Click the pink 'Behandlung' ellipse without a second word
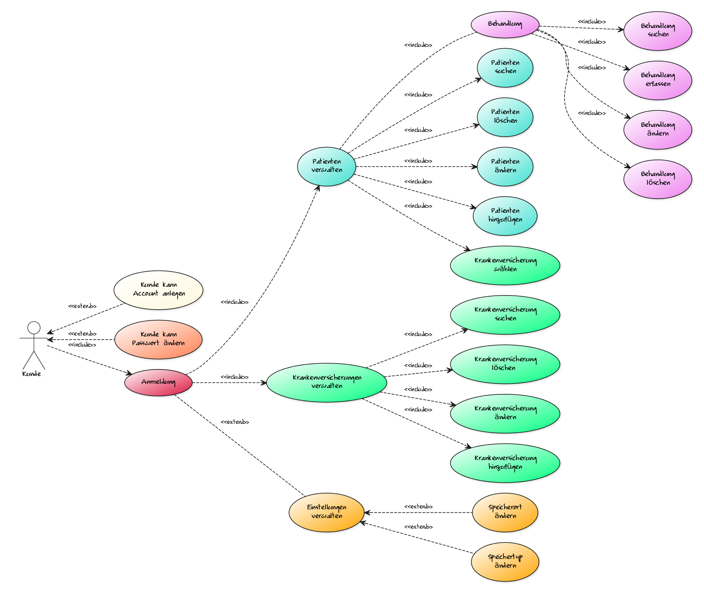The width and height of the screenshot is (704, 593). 505,24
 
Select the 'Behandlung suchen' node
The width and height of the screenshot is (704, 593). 658,31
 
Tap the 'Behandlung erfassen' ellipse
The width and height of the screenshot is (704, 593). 658,80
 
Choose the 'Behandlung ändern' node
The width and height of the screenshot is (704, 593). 658,130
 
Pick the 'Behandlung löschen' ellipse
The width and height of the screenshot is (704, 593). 658,179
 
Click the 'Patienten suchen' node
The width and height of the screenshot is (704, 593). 505,68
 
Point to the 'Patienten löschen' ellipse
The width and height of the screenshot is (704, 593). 505,117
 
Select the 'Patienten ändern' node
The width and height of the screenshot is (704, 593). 505,166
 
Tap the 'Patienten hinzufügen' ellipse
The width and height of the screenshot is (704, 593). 505,216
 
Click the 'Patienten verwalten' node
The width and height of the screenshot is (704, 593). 327,166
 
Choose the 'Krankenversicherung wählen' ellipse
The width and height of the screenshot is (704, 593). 505,265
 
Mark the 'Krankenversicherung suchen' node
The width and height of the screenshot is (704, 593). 505,315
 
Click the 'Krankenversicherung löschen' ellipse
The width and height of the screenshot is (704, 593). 505,364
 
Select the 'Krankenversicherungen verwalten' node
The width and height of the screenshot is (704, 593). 327,382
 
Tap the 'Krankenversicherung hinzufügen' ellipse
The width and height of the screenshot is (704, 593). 505,463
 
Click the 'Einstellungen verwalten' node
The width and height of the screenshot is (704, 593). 327,513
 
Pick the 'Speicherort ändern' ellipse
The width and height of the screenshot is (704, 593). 505,513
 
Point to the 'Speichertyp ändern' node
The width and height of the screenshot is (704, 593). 505,562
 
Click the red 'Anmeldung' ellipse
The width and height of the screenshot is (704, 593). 158,382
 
